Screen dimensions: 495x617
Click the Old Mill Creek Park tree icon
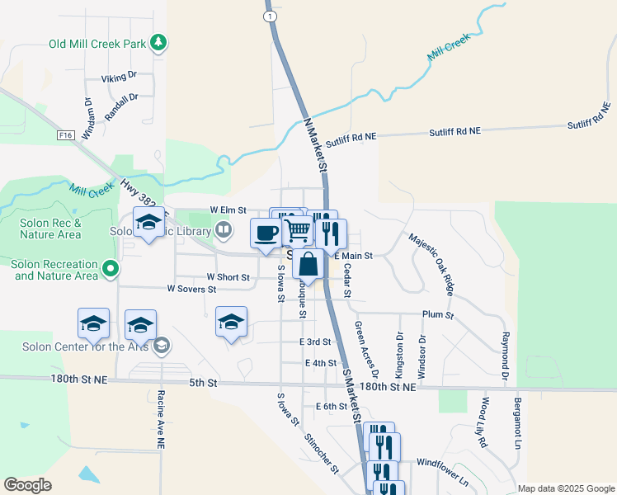[158, 43]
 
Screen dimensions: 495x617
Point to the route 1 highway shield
[269, 16]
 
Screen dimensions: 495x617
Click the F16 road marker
[65, 134]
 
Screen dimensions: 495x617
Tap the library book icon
[223, 229]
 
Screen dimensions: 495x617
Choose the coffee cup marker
[266, 233]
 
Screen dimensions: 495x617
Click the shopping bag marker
[308, 264]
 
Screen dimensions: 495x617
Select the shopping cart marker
[298, 229]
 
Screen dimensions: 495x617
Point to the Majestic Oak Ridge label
[432, 264]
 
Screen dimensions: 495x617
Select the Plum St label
[437, 315]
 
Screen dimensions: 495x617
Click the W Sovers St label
[191, 290]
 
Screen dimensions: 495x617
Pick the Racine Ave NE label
[161, 419]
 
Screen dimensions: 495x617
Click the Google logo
[27, 485]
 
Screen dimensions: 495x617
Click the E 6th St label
[332, 407]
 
